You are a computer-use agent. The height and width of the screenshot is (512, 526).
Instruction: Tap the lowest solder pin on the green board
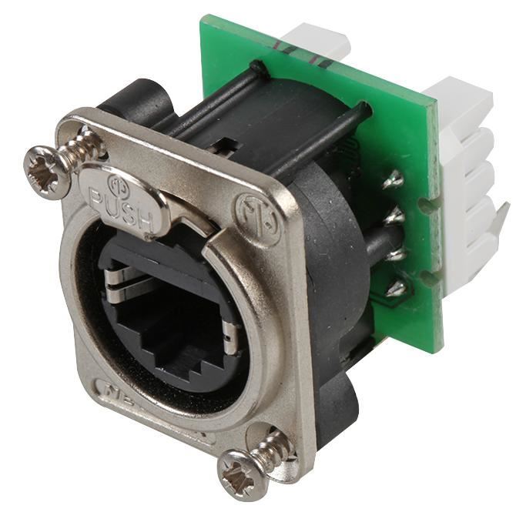click(x=397, y=288)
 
